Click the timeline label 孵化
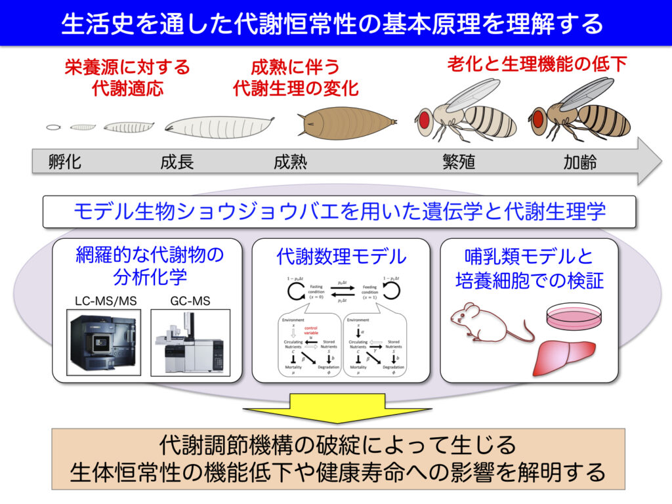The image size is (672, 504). click(65, 161)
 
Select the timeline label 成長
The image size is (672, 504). click(177, 161)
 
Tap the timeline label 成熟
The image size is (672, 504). click(290, 161)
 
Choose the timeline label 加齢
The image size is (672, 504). click(580, 161)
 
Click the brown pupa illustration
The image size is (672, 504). click(346, 123)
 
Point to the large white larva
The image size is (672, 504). click(218, 125)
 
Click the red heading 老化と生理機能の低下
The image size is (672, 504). click(537, 64)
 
